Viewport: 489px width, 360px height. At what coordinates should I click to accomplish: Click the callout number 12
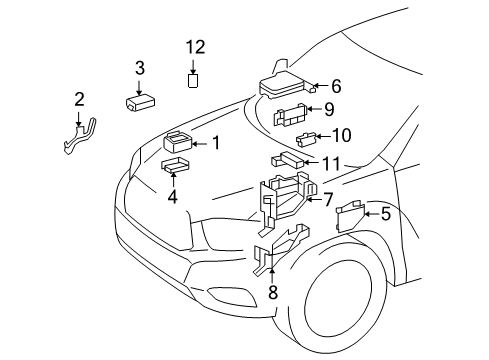[194, 47]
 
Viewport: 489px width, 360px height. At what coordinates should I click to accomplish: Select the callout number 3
[140, 68]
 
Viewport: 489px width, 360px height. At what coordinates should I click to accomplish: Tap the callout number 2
[78, 99]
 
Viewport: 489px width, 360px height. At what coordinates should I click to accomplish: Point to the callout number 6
[336, 86]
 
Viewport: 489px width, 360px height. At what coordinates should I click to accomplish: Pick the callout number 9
[329, 109]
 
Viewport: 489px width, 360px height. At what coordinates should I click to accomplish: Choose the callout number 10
[343, 135]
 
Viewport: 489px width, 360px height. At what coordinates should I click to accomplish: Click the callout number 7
[327, 199]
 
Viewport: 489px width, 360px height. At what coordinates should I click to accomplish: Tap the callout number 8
[272, 292]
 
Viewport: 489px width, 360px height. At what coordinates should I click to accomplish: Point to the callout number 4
[173, 197]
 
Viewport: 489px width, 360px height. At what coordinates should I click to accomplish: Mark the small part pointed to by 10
[309, 138]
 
